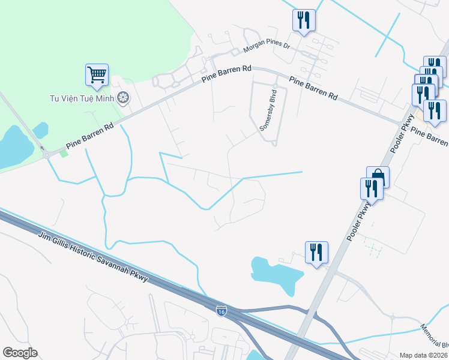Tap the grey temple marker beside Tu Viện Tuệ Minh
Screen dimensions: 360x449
click(x=123, y=97)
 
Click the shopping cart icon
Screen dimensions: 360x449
click(x=97, y=75)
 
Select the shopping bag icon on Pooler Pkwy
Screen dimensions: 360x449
click(x=378, y=177)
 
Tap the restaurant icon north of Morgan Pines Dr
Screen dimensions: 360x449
click(x=304, y=20)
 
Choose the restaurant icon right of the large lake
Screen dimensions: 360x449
click(x=316, y=252)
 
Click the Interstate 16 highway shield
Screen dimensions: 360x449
click(x=221, y=310)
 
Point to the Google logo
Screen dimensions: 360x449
click(x=20, y=353)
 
